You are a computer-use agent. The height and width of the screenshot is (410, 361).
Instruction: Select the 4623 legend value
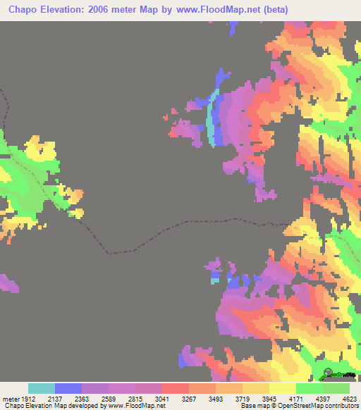[348, 398]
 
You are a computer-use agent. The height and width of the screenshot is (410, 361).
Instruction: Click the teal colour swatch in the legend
[42, 388]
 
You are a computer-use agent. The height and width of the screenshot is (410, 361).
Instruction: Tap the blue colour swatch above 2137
[68, 388]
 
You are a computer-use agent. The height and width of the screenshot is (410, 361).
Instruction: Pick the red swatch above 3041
[176, 388]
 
